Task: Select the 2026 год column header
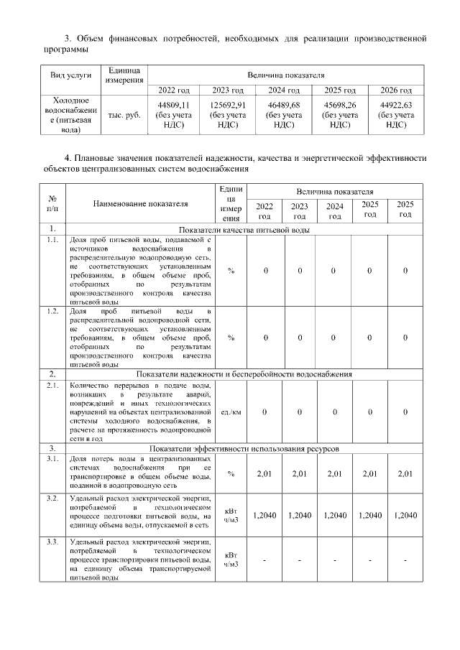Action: [x=396, y=90]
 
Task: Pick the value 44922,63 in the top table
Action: [x=396, y=105]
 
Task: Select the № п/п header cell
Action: [x=52, y=204]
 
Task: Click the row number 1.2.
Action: [x=52, y=311]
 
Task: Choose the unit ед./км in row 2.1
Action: [x=231, y=412]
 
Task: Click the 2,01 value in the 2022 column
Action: [x=264, y=473]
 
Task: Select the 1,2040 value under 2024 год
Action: [x=335, y=515]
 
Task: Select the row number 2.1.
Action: [x=52, y=386]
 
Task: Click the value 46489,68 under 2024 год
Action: [x=283, y=105]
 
